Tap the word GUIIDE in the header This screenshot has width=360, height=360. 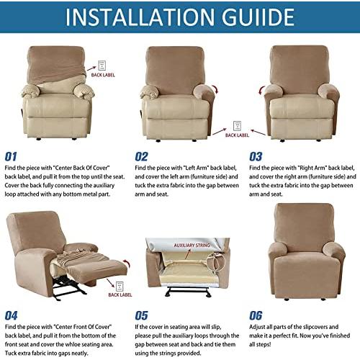pos(258,17)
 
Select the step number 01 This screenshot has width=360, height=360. pos(11,157)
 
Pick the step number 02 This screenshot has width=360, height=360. pos(141,157)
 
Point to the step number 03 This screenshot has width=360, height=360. pos(256,157)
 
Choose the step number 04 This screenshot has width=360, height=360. pos(11,315)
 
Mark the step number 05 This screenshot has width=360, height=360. pos(141,315)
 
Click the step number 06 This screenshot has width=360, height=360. pos(256,315)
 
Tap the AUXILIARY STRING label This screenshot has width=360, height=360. pos(192,246)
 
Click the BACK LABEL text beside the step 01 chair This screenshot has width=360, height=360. pos(103,75)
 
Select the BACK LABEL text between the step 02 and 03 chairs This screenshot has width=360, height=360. pos(237,135)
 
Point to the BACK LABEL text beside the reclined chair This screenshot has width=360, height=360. pos(120,294)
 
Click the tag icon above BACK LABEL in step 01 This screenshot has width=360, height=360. pos(102,66)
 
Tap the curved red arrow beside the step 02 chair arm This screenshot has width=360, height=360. pos(216,89)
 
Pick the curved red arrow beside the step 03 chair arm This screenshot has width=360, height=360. pos(261,91)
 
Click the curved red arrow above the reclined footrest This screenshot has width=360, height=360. pos(127,264)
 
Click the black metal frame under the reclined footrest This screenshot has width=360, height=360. pos(68,287)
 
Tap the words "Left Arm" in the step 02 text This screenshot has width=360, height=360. pos(196,168)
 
